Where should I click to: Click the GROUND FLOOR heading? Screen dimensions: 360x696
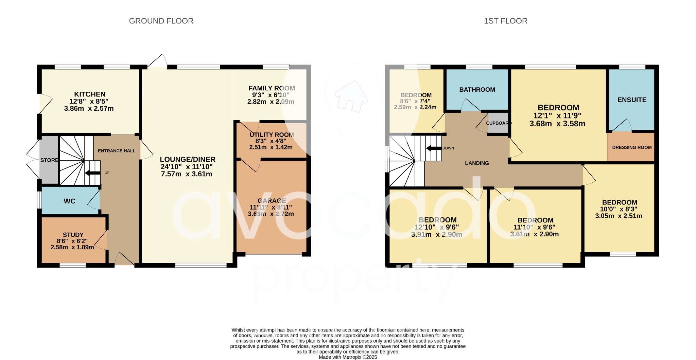(161, 21)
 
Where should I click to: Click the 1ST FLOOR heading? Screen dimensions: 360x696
(505, 21)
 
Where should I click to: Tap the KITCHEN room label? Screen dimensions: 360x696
(90, 94)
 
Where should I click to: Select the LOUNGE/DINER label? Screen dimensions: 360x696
(188, 159)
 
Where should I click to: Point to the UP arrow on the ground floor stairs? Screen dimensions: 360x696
(92, 173)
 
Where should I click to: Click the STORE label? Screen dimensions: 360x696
(49, 160)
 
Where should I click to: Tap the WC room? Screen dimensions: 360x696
(70, 201)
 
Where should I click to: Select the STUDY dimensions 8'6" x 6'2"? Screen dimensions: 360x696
(73, 241)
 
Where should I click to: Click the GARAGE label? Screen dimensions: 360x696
(272, 201)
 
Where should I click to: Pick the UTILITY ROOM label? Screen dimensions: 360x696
(272, 135)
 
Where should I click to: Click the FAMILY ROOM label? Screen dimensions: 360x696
(272, 88)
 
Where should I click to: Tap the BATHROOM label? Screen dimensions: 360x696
(477, 90)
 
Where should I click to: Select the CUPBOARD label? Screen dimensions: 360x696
(498, 123)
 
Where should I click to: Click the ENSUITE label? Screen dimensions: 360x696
(632, 100)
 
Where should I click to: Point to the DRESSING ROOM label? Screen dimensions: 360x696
(632, 147)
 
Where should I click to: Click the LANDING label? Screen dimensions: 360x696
(477, 163)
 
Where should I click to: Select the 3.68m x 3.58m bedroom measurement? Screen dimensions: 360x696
(557, 124)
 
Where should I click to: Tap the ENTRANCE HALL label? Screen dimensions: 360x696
(117, 151)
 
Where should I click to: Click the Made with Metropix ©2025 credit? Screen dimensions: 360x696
(348, 357)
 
